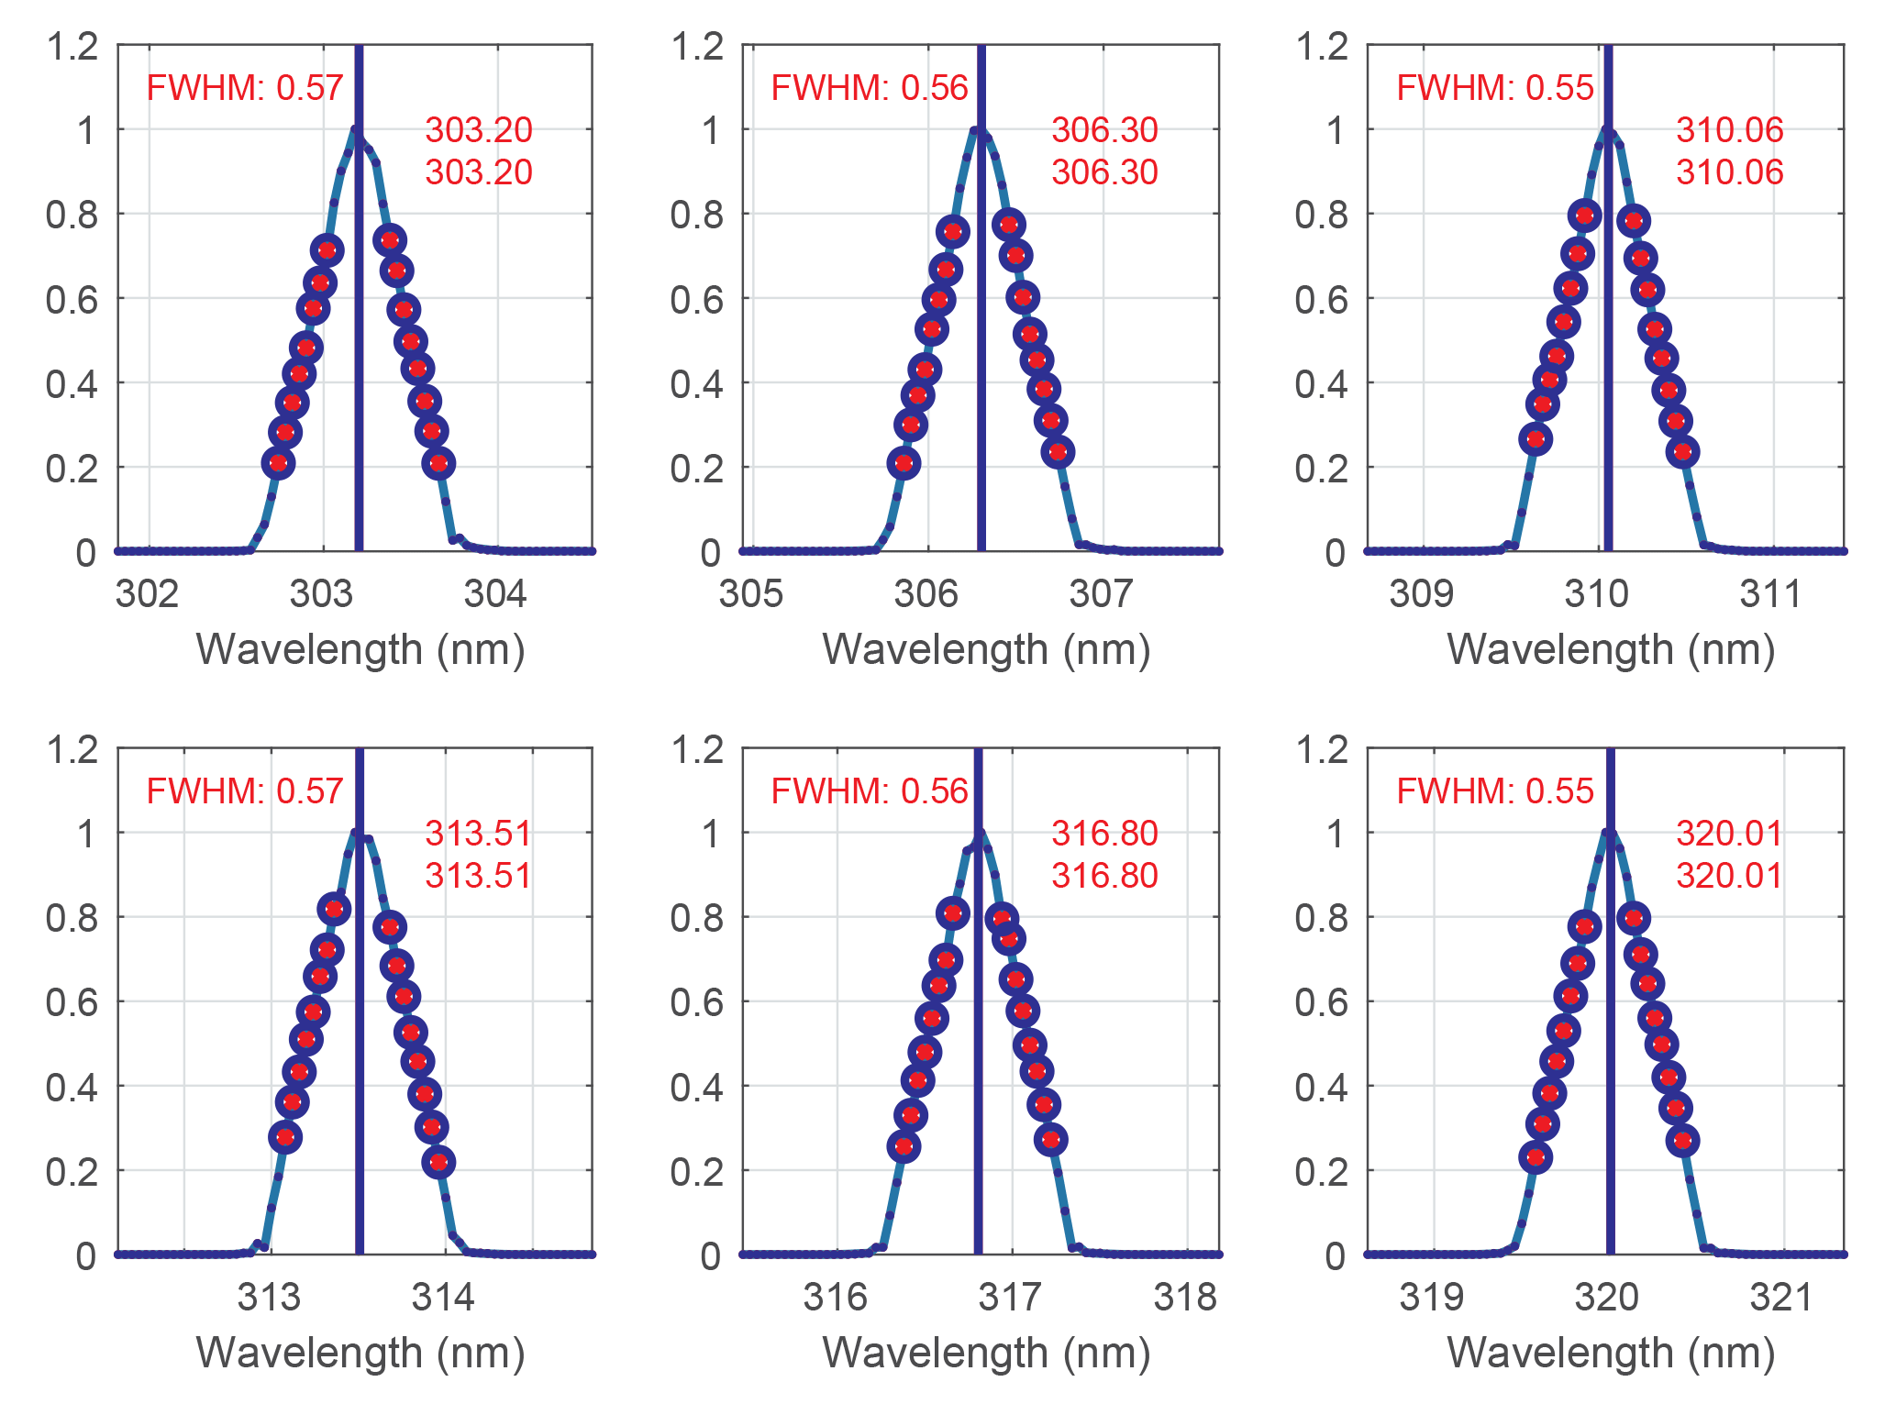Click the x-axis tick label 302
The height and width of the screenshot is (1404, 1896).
[x=147, y=594]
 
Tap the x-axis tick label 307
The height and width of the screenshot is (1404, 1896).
[x=1101, y=594]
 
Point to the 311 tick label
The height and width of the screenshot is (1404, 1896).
[x=1771, y=594]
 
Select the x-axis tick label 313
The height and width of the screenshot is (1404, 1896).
[x=269, y=1298]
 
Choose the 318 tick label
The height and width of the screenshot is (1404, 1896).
[x=1185, y=1298]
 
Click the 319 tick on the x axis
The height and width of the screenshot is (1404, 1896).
[x=1431, y=1298]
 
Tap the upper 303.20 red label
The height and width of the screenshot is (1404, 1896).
[x=479, y=130]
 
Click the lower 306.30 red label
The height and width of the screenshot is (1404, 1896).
[x=1104, y=172]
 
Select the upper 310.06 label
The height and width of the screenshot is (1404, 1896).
[x=1729, y=130]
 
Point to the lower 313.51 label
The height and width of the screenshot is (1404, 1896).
[x=479, y=876]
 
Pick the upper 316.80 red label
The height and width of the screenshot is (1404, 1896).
[x=1104, y=834]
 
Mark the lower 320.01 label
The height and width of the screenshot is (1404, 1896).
[x=1729, y=876]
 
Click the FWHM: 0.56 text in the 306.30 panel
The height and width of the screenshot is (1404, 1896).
[x=870, y=88]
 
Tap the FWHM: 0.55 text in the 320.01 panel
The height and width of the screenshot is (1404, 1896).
[x=1495, y=791]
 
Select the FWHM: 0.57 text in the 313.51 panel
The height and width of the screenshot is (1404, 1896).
[x=245, y=791]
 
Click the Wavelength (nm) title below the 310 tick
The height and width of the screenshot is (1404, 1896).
[x=1611, y=650]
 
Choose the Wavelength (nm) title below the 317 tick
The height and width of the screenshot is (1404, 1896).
[x=986, y=1354]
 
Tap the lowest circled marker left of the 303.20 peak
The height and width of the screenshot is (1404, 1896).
[x=279, y=463]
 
